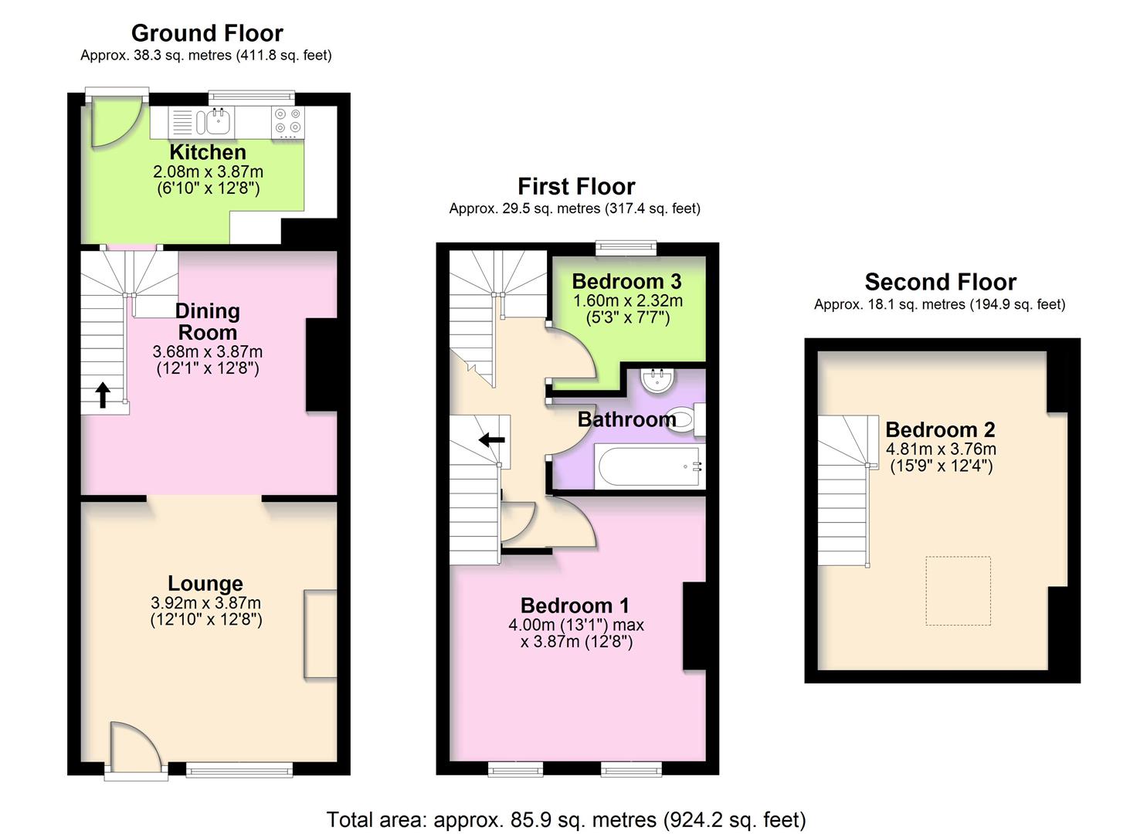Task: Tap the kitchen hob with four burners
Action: pyautogui.click(x=288, y=122)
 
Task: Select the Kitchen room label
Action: pyautogui.click(x=208, y=152)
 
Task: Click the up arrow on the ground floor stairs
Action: pyautogui.click(x=102, y=395)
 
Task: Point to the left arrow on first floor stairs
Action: pyautogui.click(x=491, y=440)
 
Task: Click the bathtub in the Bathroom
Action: pyautogui.click(x=649, y=466)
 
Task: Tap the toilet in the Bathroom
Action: pyautogui.click(x=684, y=419)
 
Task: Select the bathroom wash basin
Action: pyautogui.click(x=659, y=380)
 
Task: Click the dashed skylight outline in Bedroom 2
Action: pyautogui.click(x=958, y=591)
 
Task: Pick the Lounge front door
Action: pyautogui.click(x=135, y=749)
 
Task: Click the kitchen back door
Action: pyautogui.click(x=116, y=120)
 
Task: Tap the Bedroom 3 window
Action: pyautogui.click(x=626, y=248)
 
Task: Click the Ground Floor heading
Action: pyautogui.click(x=207, y=33)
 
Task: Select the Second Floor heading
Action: pyautogui.click(x=940, y=282)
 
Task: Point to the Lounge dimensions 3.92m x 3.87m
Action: pyautogui.click(x=206, y=603)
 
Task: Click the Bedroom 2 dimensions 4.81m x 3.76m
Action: pyautogui.click(x=941, y=449)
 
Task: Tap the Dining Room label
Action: pyautogui.click(x=207, y=322)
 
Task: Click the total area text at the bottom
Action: pyautogui.click(x=566, y=819)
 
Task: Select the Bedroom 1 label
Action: pyautogui.click(x=575, y=605)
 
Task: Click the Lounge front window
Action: pyautogui.click(x=239, y=768)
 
